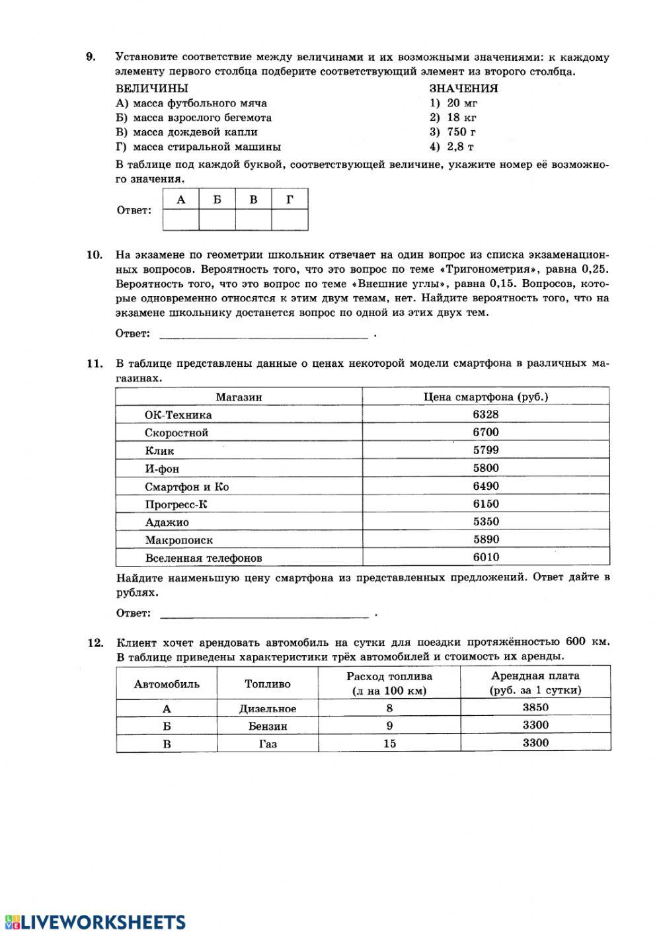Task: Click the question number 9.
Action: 91,58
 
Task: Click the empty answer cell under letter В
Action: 253,219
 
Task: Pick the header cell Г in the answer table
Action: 290,199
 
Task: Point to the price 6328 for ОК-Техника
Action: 486,414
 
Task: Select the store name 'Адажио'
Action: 167,522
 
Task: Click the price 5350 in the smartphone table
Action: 486,522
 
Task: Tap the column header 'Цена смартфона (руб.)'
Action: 486,397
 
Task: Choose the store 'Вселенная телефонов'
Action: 204,558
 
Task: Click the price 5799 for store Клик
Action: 486,450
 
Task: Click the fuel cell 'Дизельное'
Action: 268,709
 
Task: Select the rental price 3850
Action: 535,707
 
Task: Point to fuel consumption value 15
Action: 389,744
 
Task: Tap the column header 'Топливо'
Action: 268,684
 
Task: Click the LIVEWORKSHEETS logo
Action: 95,922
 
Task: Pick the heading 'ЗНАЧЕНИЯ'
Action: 463,89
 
